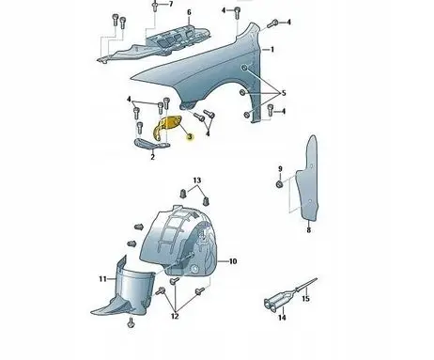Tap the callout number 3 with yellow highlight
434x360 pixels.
pos(190,137)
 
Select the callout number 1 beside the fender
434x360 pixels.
pos(272,50)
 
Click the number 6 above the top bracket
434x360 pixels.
pos(189,12)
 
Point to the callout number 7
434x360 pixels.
pos(171,4)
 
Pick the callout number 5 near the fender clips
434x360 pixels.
pos(284,93)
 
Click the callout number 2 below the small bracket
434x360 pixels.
pos(152,157)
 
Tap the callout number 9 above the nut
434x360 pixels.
pos(280,169)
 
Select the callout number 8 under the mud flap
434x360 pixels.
pos(309,230)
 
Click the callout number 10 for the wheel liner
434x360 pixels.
pos(233,261)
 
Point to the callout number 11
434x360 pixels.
pos(102,278)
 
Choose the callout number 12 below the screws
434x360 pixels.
pos(175,316)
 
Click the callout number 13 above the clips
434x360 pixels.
pos(197,180)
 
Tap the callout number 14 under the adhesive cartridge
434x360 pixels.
pos(282,318)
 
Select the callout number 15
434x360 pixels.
pos(305,299)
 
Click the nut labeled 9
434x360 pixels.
pos(280,184)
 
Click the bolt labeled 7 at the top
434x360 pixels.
pos(155,6)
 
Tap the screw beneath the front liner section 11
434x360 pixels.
pos(132,322)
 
